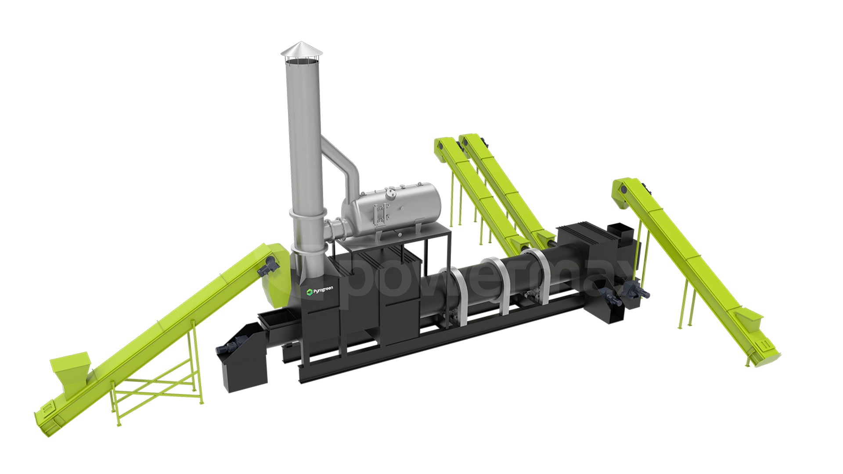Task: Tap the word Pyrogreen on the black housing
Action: click(x=323, y=290)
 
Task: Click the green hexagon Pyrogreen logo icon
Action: click(x=309, y=292)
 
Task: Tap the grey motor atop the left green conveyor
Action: click(x=269, y=266)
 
